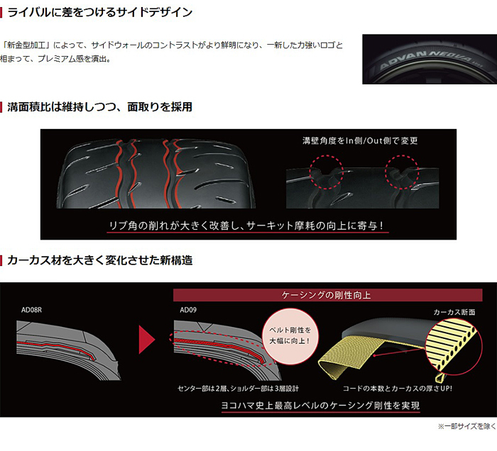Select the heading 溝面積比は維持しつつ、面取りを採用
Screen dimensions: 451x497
tap(100, 107)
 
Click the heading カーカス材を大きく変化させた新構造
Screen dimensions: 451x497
tap(100, 260)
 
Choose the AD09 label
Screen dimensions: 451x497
tap(188, 310)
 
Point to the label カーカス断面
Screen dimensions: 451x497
tap(454, 311)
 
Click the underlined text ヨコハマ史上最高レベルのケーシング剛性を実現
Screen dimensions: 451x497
tap(320, 406)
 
